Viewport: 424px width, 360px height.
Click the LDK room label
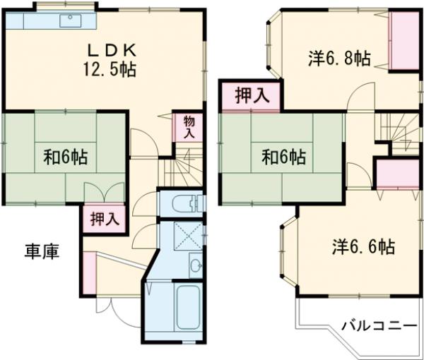click(x=111, y=50)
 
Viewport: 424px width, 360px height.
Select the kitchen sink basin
click(x=71, y=20)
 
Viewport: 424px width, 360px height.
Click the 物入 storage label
click(x=189, y=127)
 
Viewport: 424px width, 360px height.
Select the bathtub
click(x=189, y=308)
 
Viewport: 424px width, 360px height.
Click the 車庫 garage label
click(x=42, y=251)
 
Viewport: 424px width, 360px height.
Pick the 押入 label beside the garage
click(x=103, y=218)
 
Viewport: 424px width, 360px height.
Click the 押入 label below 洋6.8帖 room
click(x=252, y=97)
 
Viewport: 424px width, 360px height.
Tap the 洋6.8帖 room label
click(x=339, y=58)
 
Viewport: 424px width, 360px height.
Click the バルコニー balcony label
click(x=379, y=326)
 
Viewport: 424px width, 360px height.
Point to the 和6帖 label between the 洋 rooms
click(x=283, y=156)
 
